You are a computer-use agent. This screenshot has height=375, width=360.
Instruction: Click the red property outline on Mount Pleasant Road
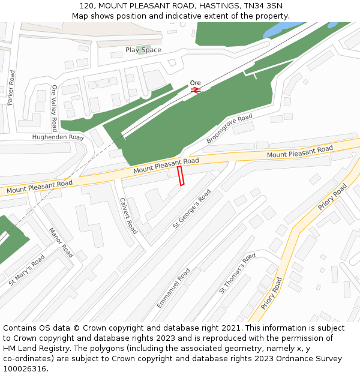point(181,176)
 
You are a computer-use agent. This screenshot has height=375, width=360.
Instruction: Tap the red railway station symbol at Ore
point(195,90)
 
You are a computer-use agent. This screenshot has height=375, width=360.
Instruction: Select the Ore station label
point(195,83)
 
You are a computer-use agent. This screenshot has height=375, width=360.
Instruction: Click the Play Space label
point(143,50)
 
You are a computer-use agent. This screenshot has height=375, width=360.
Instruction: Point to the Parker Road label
point(11,88)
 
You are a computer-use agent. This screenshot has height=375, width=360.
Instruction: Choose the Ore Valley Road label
point(55,108)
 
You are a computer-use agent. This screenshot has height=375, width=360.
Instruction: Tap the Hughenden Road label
point(58,137)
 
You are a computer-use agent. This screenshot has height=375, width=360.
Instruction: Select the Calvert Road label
point(128,215)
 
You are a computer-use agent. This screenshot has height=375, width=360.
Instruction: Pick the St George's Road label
point(192,209)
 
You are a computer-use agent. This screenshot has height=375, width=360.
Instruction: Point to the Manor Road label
point(61,242)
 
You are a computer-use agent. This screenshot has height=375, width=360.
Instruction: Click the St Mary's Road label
point(27,270)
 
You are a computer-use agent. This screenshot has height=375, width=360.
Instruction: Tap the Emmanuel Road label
point(173,289)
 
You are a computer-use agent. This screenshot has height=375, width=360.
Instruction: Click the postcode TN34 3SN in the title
point(263,5)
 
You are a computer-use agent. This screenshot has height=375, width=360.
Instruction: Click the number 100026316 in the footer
point(25,368)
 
